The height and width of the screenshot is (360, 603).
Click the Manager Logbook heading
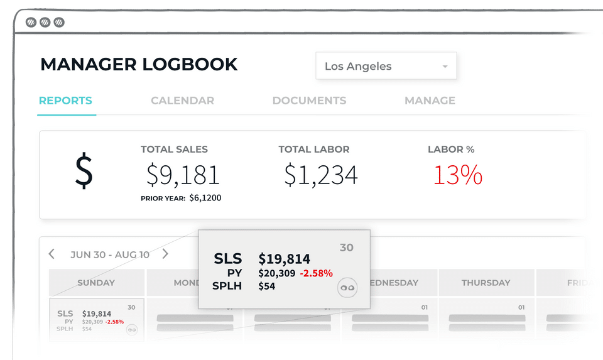point(139,65)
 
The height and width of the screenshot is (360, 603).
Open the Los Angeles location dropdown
point(386,66)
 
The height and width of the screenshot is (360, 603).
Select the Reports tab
point(65,101)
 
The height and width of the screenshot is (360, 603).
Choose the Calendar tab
point(182,101)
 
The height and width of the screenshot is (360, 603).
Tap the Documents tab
point(309,101)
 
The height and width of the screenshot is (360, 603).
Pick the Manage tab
point(430,101)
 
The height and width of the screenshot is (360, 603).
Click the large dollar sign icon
point(84,172)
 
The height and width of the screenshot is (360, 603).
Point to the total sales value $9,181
point(183,175)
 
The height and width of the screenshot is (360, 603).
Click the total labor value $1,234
point(320,175)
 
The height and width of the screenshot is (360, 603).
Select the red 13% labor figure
point(457,175)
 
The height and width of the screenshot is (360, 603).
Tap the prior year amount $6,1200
point(205,198)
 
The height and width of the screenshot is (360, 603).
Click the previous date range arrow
point(52,254)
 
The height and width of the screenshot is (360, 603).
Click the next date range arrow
point(165,254)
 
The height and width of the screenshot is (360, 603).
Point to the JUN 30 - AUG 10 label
point(110,254)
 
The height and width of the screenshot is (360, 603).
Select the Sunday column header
point(96,283)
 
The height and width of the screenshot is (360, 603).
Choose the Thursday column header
point(486,283)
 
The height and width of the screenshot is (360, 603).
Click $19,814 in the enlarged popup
point(284,259)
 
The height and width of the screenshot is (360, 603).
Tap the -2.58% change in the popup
point(317,273)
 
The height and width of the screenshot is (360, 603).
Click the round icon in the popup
point(347,287)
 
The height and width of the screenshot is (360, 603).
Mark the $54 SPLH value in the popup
point(267,286)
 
